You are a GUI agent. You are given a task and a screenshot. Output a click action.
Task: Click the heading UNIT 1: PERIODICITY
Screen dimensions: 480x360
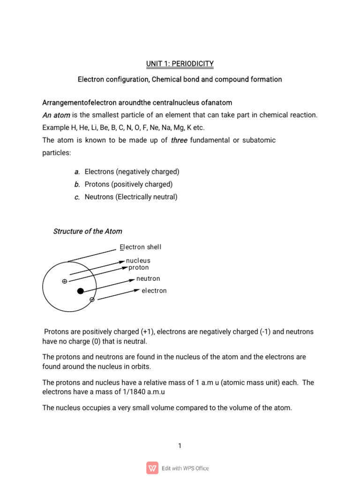180,63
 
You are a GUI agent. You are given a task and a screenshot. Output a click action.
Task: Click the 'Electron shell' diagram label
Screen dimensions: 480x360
141,247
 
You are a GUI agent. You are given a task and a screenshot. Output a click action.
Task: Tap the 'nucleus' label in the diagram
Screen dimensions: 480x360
138,260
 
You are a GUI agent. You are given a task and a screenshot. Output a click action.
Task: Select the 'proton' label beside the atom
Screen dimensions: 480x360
139,268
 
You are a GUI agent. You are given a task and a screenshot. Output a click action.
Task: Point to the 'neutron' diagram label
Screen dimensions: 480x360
148,279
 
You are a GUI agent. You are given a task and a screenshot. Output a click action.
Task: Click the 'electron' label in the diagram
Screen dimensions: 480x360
154,291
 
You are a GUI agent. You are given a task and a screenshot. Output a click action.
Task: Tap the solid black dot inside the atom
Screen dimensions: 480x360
81,291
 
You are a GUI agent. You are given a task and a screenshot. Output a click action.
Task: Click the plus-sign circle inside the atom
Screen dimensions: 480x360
65,281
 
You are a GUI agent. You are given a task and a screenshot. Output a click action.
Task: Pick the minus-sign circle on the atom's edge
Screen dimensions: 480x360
92,299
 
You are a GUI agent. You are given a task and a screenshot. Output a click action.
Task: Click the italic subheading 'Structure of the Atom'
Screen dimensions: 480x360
88,231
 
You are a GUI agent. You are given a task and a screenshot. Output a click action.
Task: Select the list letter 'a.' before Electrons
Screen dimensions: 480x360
77,172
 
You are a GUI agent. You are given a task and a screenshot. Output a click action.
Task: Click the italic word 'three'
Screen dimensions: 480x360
179,140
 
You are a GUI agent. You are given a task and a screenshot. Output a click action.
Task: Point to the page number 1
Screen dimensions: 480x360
180,446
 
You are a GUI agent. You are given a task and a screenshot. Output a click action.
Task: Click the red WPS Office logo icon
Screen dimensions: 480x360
152,468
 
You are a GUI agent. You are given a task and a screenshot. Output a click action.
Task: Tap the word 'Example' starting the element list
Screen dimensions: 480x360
55,127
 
